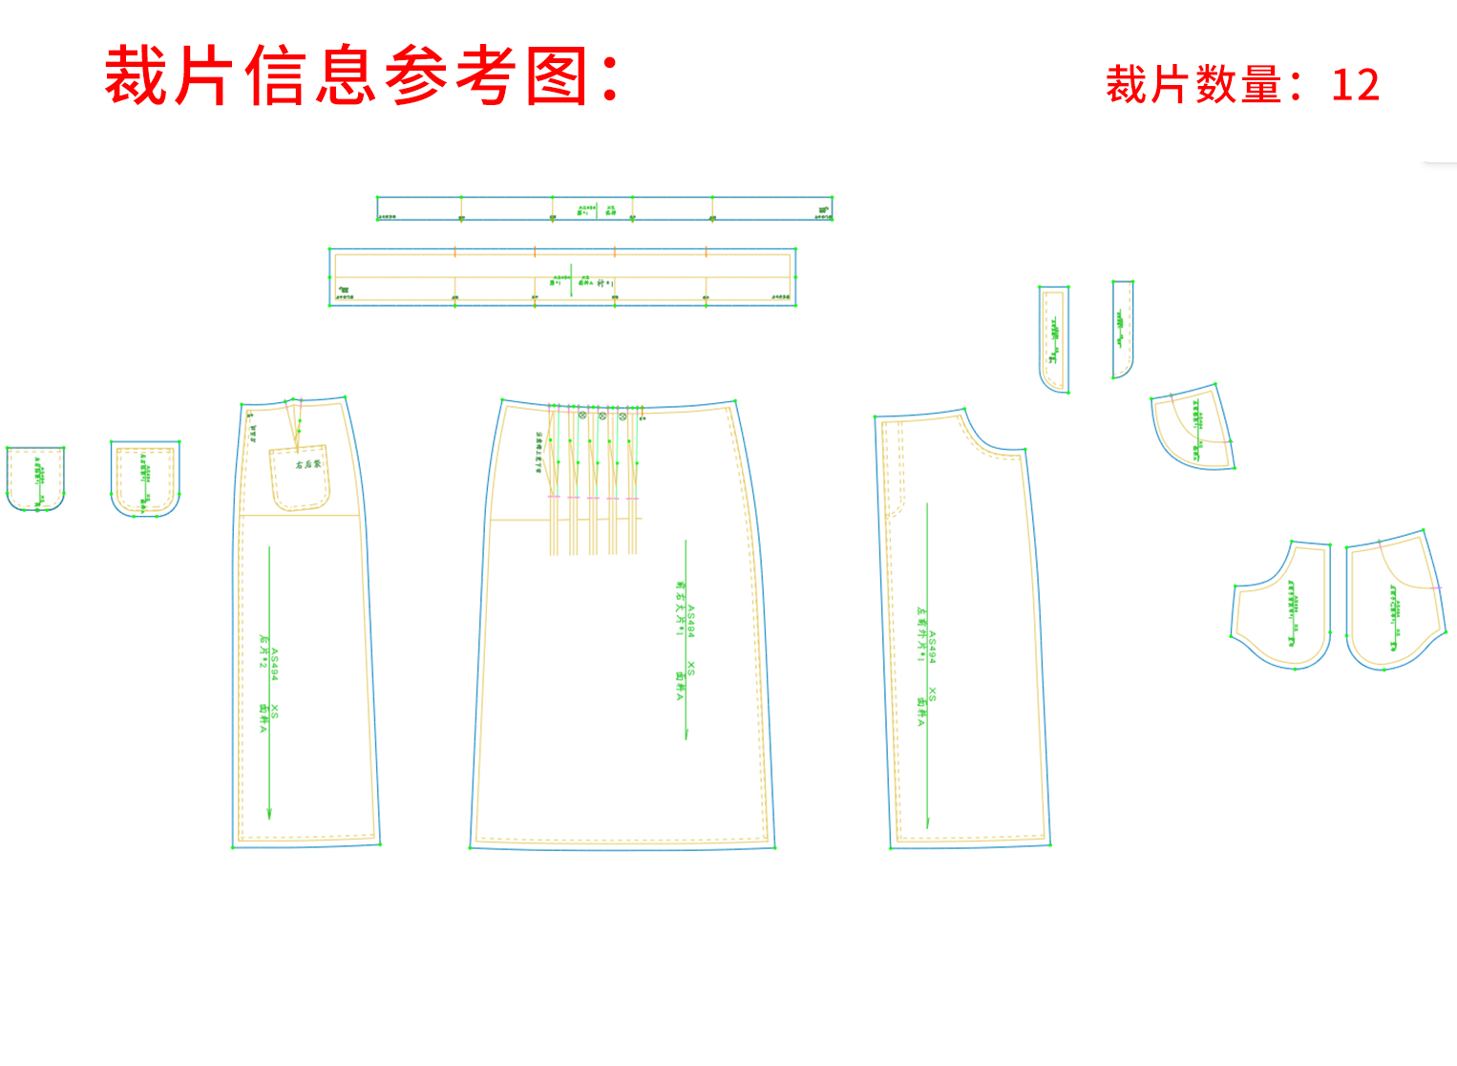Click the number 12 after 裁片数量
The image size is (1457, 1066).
click(x=1355, y=85)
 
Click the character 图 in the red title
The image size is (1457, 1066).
click(x=558, y=75)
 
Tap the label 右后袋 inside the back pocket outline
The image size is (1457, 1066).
click(x=307, y=464)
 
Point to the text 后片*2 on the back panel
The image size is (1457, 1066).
click(x=264, y=650)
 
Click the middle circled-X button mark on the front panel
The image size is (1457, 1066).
click(x=602, y=416)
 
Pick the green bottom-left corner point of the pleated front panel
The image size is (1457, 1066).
click(x=471, y=847)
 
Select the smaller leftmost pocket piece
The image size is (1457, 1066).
click(x=35, y=478)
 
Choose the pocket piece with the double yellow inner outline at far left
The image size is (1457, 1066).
click(x=145, y=479)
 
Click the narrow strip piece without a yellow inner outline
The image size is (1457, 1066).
click(x=1122, y=329)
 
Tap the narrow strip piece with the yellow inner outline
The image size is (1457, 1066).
click(x=1053, y=338)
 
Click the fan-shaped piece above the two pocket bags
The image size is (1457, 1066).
click(x=1193, y=429)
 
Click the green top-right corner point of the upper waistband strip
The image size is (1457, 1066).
click(x=832, y=198)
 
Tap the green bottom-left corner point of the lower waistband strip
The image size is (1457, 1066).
click(x=330, y=305)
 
